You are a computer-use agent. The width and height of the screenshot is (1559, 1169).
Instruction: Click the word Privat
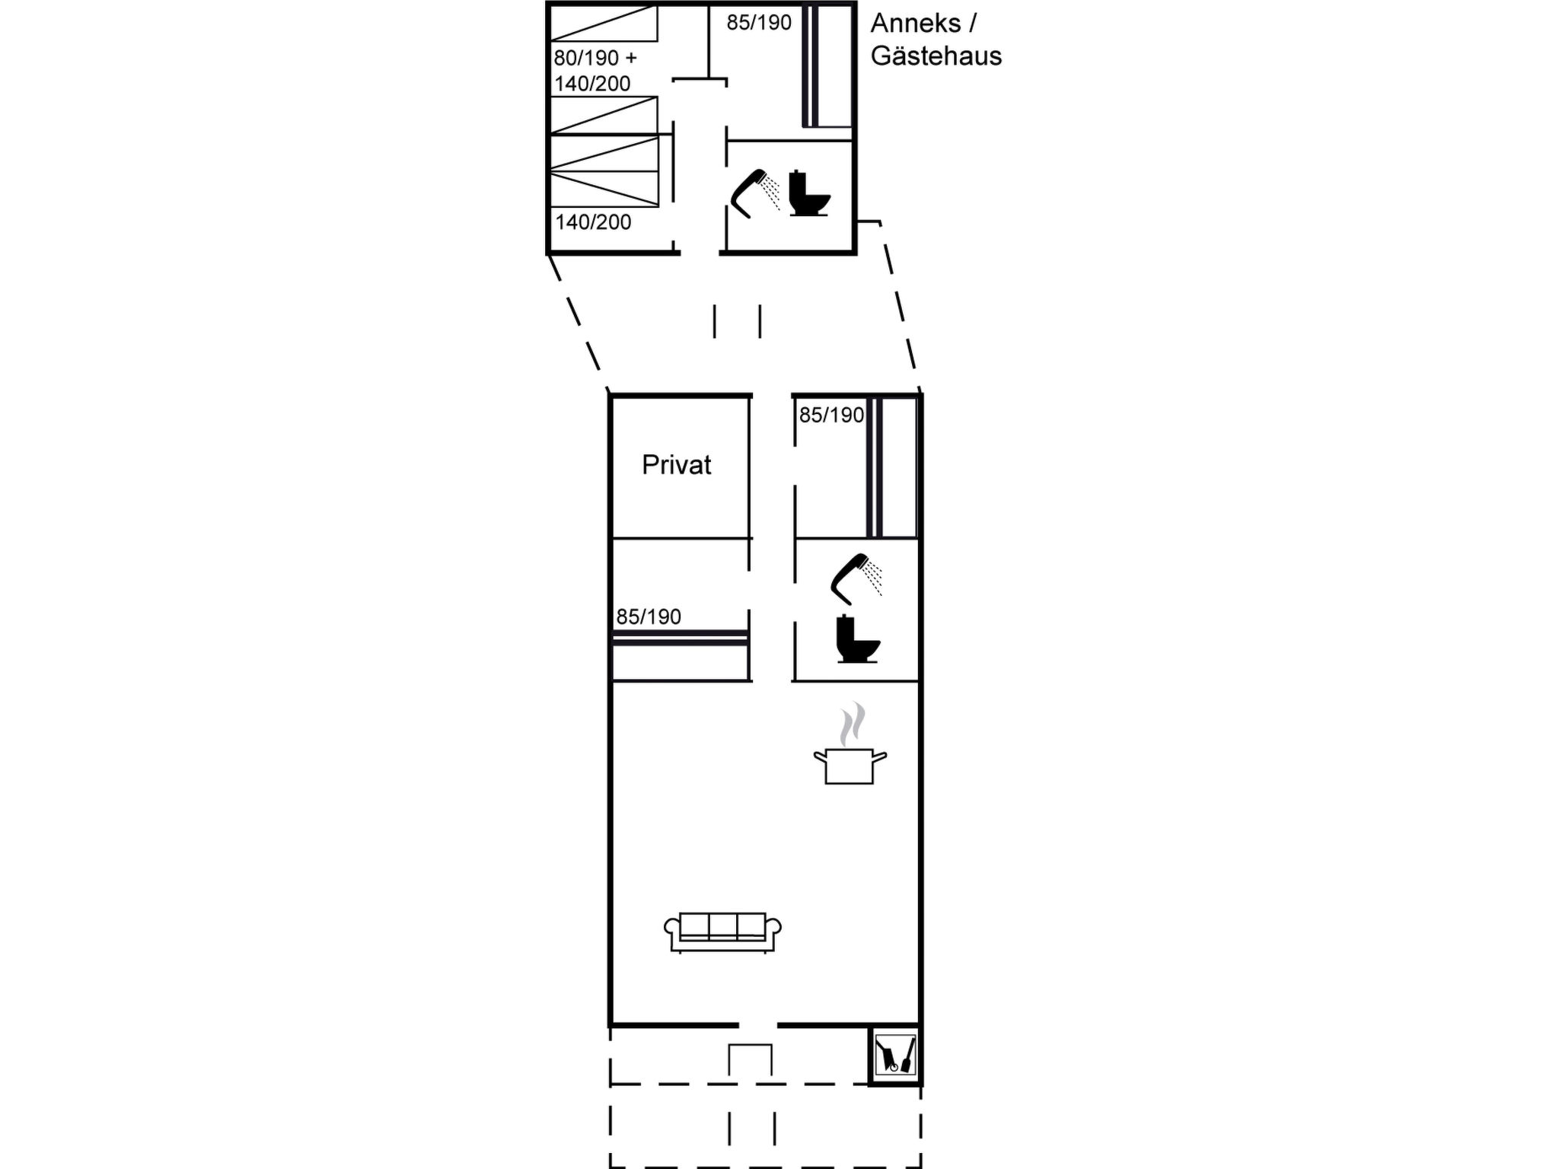point(676,464)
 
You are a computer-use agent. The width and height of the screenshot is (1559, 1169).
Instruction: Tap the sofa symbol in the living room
point(722,932)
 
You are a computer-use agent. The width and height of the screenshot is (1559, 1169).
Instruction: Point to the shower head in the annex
point(754,193)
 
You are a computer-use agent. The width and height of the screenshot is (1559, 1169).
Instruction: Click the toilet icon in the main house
point(857,639)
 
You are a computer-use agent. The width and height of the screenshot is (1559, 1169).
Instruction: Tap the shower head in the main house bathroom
point(856,578)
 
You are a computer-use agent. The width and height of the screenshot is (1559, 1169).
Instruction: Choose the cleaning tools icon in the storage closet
point(895,1054)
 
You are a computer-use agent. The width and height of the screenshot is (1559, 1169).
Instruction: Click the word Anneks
point(916,23)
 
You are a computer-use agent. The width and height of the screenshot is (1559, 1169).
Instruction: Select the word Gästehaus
point(936,56)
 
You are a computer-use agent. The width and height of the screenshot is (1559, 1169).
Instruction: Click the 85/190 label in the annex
point(759,23)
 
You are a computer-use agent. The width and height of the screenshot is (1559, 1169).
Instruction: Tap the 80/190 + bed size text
point(595,58)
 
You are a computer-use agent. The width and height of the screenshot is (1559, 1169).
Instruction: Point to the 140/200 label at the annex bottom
point(593,222)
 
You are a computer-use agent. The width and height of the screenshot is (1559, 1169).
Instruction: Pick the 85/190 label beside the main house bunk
point(831,415)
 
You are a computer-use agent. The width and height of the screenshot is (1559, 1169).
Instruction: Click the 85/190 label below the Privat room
point(649,616)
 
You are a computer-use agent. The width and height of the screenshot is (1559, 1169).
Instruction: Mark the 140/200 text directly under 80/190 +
point(592,83)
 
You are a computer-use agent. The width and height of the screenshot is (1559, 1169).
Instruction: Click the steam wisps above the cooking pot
point(853,724)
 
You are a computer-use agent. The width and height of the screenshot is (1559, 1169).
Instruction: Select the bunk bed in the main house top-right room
point(891,467)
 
